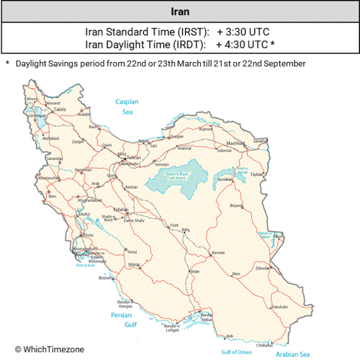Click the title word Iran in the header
(180, 12)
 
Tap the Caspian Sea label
(127, 107)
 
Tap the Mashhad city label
(256, 143)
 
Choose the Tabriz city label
(49, 109)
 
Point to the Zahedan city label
(262, 267)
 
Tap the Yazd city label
(173, 226)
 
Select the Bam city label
(235, 274)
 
